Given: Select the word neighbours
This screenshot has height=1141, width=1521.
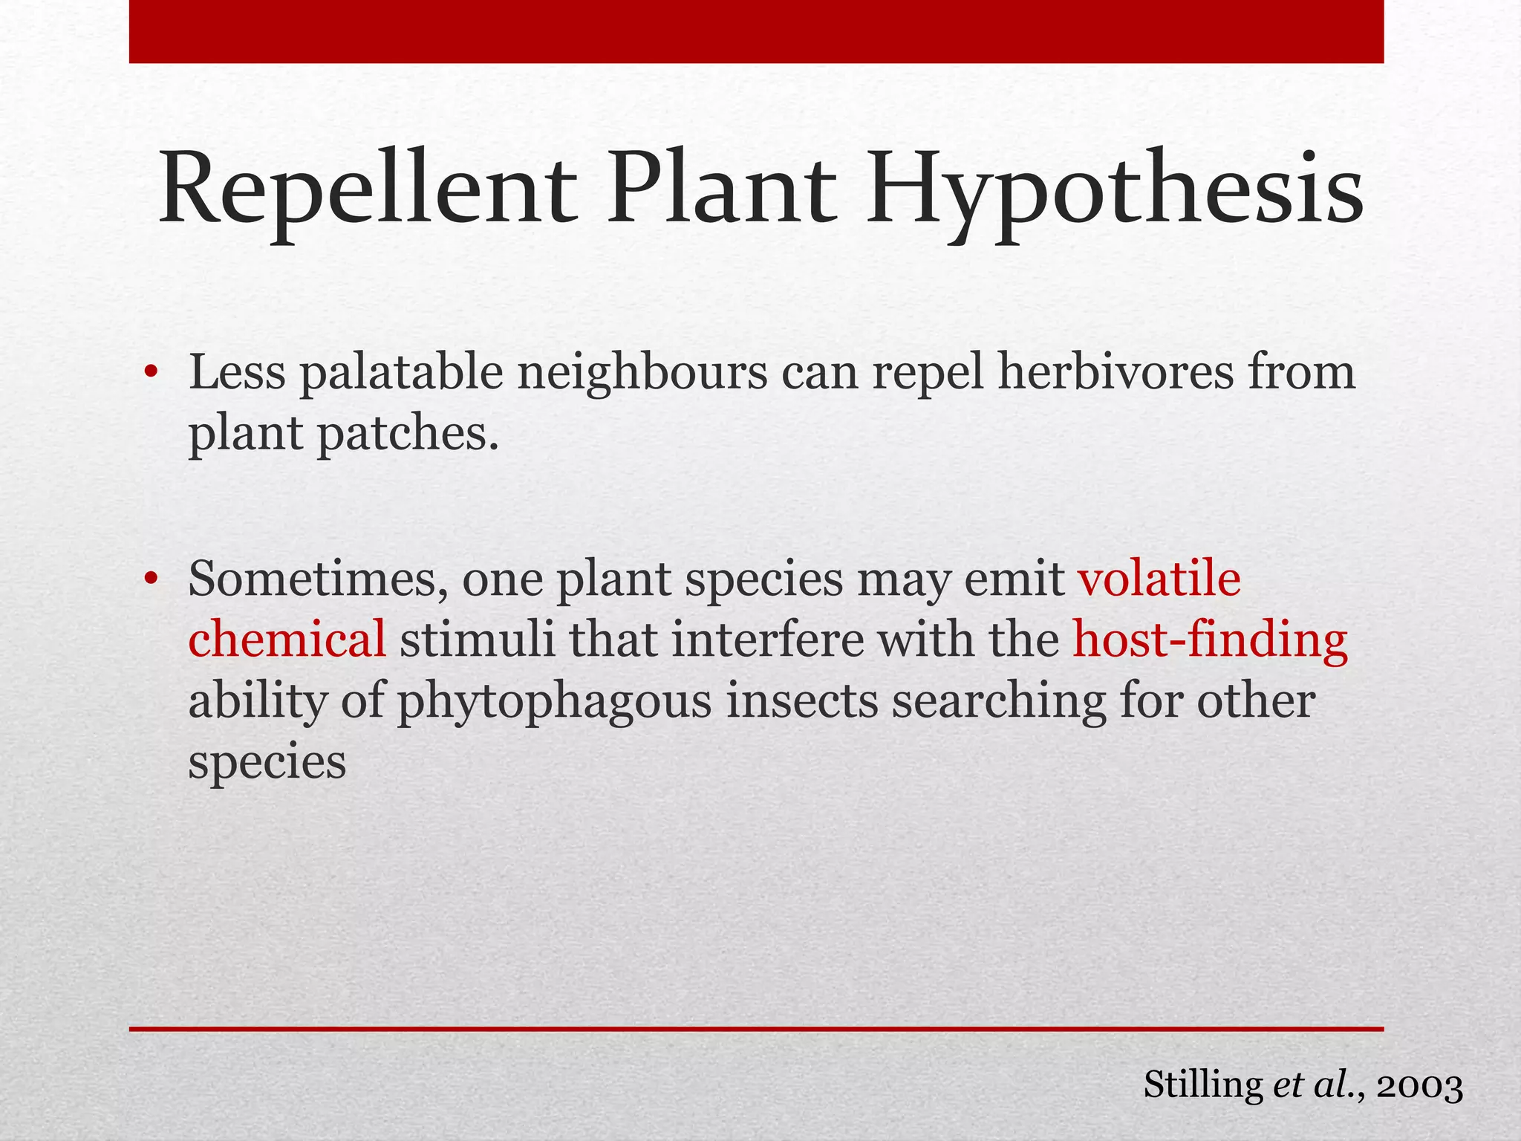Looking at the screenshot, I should pos(642,374).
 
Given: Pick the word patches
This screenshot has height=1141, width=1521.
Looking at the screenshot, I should pos(408,435).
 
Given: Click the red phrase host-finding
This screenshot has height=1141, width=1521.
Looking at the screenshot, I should pos(1210,640).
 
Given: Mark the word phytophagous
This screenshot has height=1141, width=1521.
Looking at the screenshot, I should pos(555,702).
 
